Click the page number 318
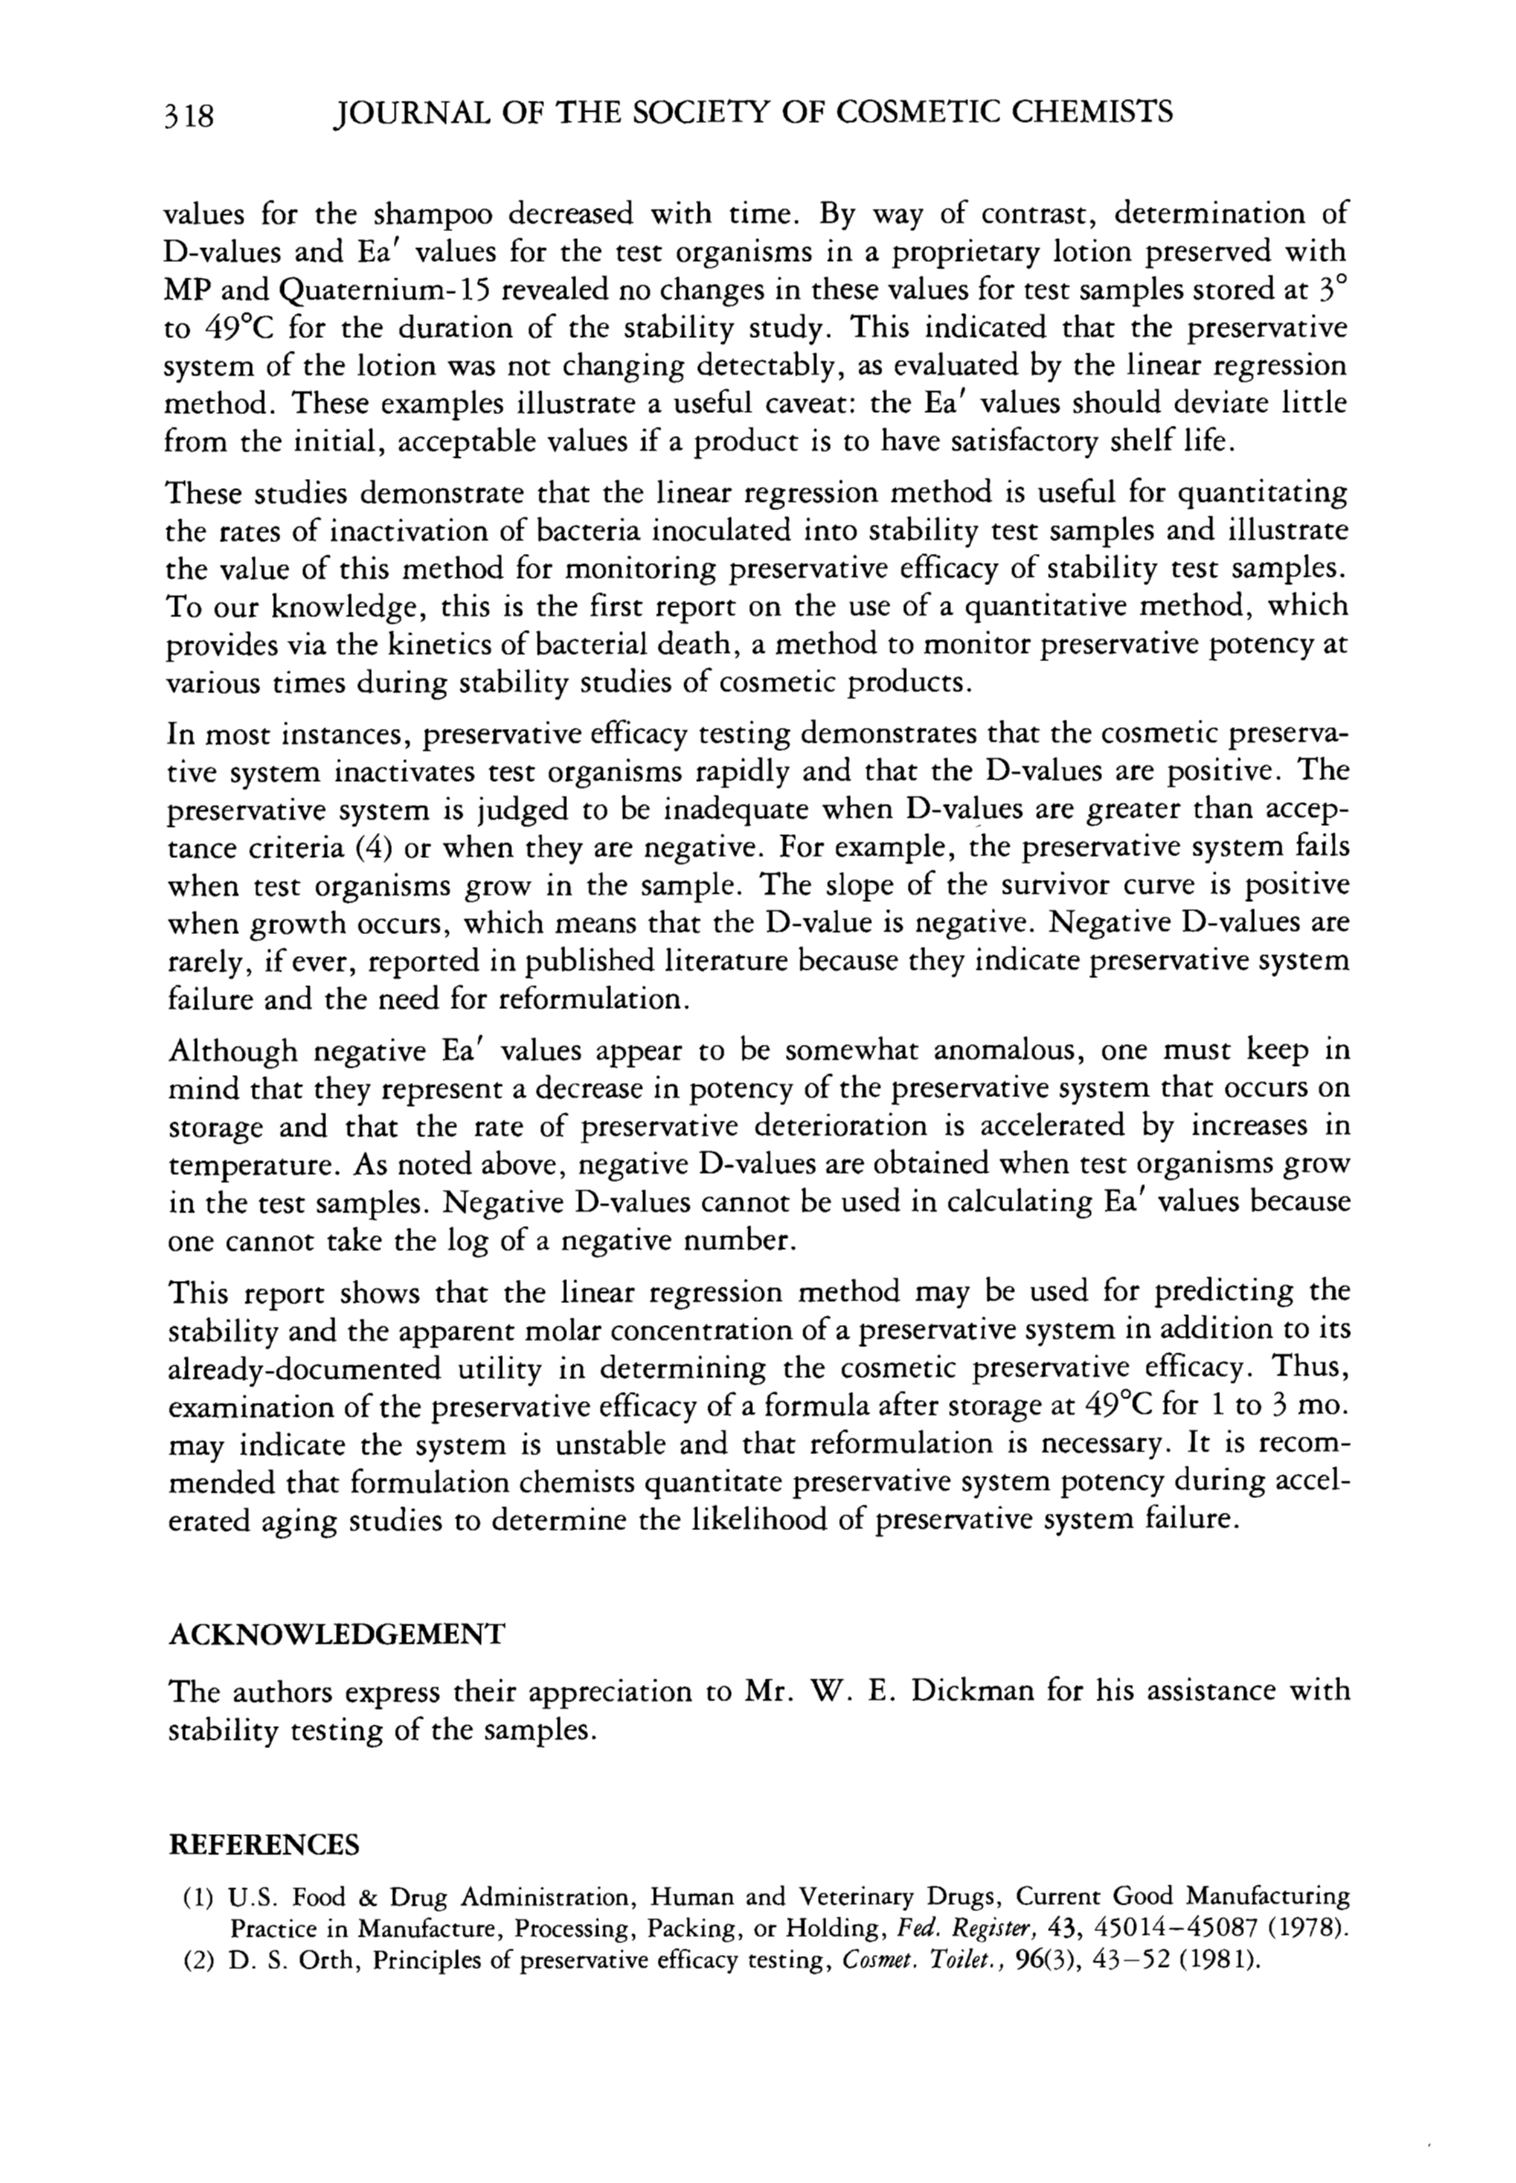click(189, 114)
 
